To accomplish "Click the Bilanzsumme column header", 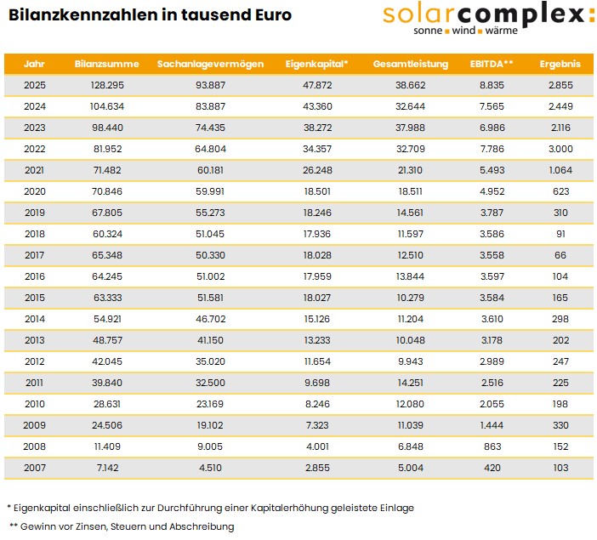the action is tap(106, 64).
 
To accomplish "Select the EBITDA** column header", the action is tap(492, 64).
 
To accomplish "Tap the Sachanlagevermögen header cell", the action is tap(210, 64).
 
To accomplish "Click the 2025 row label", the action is tap(35, 85).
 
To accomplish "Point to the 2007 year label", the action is tap(35, 468).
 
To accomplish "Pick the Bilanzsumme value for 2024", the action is tap(107, 106).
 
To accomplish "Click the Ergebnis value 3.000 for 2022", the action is tap(560, 149).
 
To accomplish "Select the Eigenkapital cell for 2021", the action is tap(317, 170).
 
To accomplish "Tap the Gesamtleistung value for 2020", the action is tap(411, 191).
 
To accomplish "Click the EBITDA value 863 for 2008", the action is tap(492, 446).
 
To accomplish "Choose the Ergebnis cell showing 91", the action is tap(560, 234).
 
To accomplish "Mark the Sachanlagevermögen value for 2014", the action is tap(211, 319).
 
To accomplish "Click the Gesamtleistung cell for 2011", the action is tap(411, 383).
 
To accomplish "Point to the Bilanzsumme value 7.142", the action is tap(107, 468).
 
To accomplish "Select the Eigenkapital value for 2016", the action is tap(317, 276).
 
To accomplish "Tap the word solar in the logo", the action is tap(418, 14).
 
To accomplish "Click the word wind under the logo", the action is tap(463, 31).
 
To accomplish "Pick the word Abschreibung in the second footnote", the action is tap(202, 526).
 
